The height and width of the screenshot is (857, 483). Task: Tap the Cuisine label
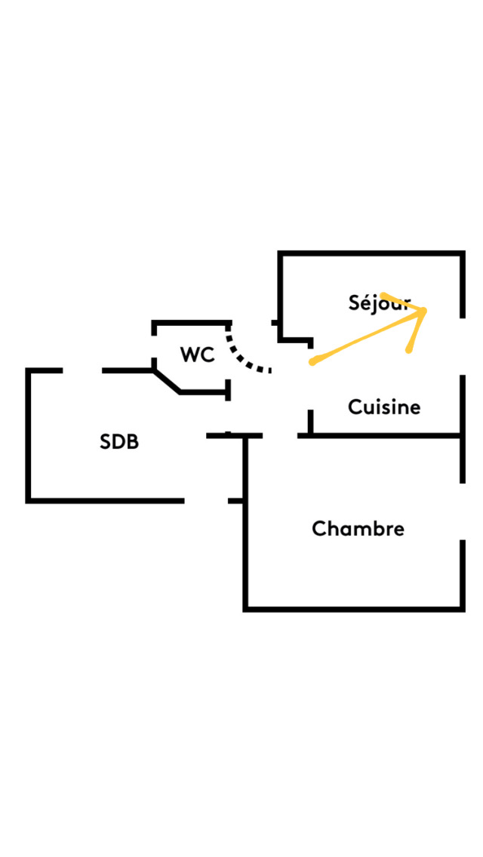[384, 407]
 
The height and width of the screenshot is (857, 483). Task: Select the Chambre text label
[358, 529]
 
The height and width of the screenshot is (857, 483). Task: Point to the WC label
[197, 355]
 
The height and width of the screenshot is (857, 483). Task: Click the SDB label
[119, 442]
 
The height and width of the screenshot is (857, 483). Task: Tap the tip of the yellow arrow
[426, 311]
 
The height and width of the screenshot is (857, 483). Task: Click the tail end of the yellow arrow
[312, 362]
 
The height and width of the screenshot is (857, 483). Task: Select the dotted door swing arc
[243, 358]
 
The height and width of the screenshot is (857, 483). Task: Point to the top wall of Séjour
[370, 253]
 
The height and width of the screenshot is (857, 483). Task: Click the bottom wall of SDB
[106, 500]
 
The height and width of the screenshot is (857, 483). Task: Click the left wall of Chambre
[245, 528]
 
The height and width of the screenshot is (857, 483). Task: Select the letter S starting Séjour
[355, 303]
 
